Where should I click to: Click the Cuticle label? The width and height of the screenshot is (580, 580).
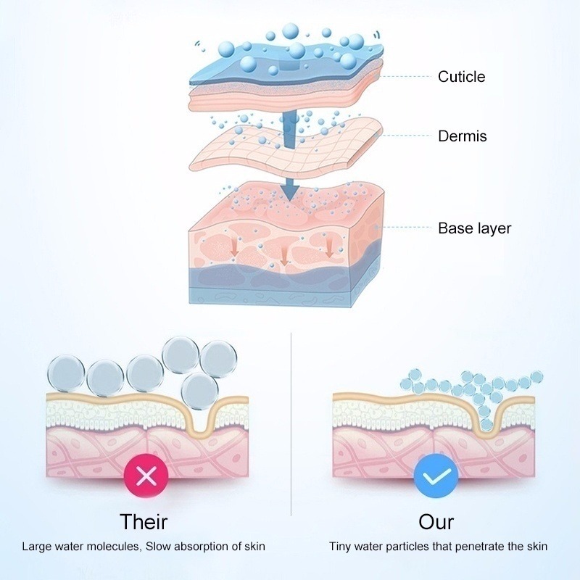click(x=461, y=77)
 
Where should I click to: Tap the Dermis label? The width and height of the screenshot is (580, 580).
click(x=463, y=136)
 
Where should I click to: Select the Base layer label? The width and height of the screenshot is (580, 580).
click(x=475, y=228)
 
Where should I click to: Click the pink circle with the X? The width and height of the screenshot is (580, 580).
click(x=146, y=476)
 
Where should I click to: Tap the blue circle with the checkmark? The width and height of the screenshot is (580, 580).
click(x=436, y=476)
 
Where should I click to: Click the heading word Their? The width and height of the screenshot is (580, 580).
click(x=144, y=521)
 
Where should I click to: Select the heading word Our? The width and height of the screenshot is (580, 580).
click(x=436, y=521)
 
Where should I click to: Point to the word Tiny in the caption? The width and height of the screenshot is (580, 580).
click(x=339, y=547)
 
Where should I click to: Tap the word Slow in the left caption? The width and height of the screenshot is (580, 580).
click(x=158, y=547)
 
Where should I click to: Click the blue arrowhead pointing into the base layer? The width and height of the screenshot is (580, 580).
click(x=289, y=192)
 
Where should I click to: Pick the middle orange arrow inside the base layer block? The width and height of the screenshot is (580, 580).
click(x=284, y=256)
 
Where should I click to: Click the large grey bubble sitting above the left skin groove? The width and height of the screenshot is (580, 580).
click(x=200, y=391)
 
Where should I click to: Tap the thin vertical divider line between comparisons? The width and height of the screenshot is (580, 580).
click(x=291, y=424)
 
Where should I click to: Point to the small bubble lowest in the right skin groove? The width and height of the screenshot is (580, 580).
click(x=487, y=425)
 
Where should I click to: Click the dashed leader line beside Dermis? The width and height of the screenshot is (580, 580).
click(x=406, y=136)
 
